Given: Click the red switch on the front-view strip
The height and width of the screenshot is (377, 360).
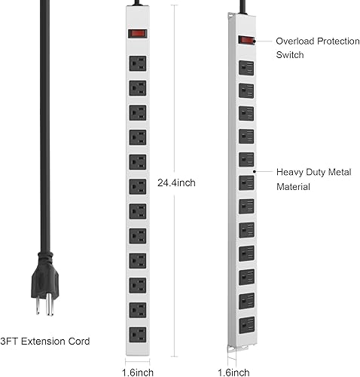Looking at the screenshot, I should pos(136,33).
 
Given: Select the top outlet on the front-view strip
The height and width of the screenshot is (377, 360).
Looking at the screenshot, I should pos(136,63).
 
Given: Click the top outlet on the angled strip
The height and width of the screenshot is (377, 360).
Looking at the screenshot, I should pos(245,67).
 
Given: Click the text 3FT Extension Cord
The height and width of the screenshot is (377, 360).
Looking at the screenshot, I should pos(44,342).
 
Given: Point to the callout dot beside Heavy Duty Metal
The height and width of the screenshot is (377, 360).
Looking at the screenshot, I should pos(256,171).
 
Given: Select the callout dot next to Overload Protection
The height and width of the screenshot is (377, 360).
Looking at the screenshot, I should pos(255,41).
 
